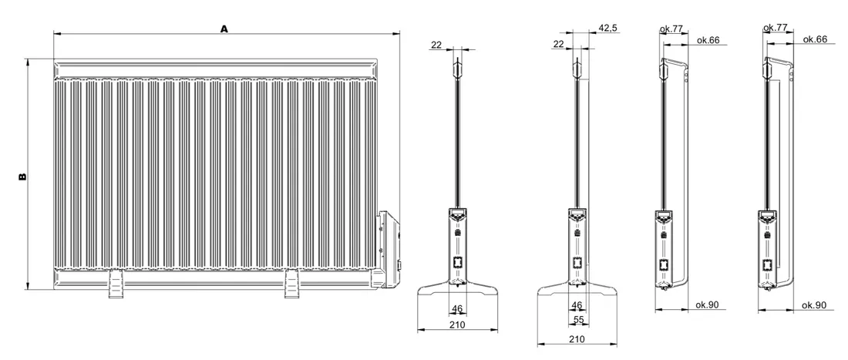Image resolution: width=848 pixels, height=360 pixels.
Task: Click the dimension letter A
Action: pos(224,29)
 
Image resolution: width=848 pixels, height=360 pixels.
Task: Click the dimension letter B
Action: pos(22,177)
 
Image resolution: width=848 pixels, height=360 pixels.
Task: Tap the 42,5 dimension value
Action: pos(608,28)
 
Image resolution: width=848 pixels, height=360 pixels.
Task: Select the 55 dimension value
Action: pos(579,320)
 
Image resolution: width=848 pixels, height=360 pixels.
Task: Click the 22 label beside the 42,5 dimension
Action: pos(559,44)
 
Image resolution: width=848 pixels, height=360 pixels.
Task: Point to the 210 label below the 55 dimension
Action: pos(577,339)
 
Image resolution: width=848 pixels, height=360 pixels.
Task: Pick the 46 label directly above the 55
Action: pos(577,306)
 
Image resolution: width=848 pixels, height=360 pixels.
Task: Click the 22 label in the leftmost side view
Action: pos(437,45)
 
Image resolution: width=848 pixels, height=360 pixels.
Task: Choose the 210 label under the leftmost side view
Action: pos(457,325)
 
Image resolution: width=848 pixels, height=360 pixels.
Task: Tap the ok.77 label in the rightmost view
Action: pos(775,28)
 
